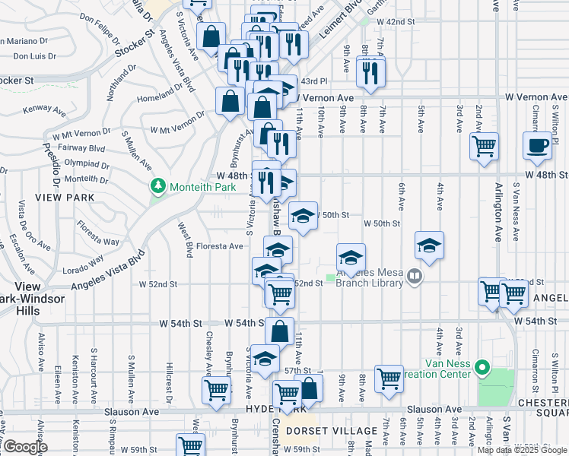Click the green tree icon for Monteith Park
point(158,185)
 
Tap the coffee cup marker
point(537,144)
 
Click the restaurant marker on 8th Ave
point(371,71)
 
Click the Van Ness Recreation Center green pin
point(482,369)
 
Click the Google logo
point(25,447)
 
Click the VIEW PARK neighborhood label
point(69,198)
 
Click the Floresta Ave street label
point(220,246)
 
